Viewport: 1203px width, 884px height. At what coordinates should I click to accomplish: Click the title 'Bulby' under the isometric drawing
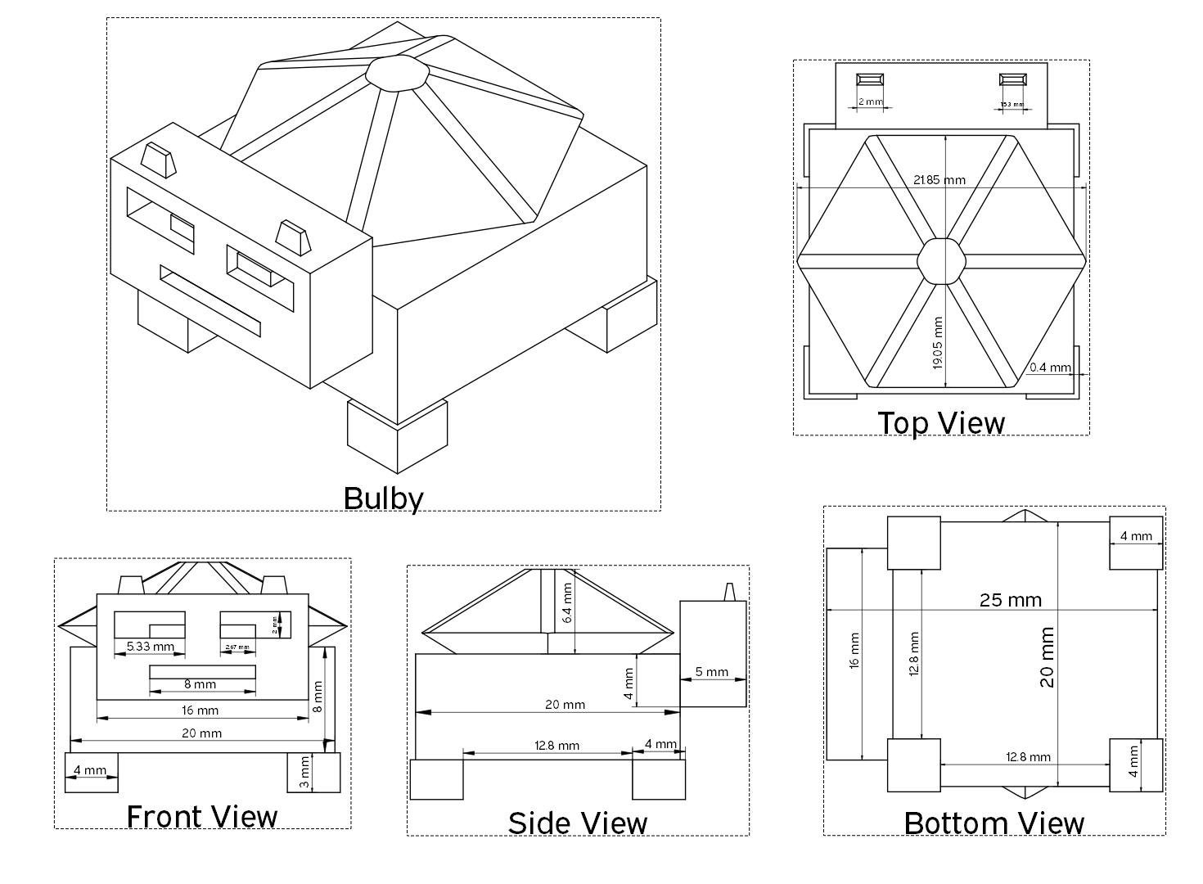pos(383,498)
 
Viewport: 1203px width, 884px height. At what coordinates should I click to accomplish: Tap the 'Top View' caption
pos(941,423)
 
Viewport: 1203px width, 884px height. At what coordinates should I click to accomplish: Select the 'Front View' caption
pos(202,816)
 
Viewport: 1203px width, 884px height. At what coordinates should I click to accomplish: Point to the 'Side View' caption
pos(577,823)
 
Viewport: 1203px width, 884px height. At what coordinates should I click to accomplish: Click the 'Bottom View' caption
pos(993,823)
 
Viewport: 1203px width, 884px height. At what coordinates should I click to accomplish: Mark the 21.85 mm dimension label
pos(939,179)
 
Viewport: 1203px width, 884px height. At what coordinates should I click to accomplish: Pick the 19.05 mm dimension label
pos(938,343)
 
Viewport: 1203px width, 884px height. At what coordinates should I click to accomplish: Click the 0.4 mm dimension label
pos(1050,368)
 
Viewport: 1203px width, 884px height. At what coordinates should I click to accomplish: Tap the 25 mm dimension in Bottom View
pos(1011,600)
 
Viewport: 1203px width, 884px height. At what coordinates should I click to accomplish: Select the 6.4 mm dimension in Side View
pos(568,602)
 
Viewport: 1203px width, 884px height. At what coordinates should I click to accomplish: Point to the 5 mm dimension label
pos(711,672)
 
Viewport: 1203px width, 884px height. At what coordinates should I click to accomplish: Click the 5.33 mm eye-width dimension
pos(150,647)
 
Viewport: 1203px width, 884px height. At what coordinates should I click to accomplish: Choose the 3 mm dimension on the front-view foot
pos(304,772)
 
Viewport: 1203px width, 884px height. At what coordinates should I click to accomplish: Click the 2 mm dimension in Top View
pos(870,102)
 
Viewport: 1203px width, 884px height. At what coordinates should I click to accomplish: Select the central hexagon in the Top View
pos(939,260)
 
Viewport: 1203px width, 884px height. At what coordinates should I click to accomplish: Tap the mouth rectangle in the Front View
pos(202,672)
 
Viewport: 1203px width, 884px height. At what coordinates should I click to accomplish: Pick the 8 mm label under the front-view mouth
pos(200,684)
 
